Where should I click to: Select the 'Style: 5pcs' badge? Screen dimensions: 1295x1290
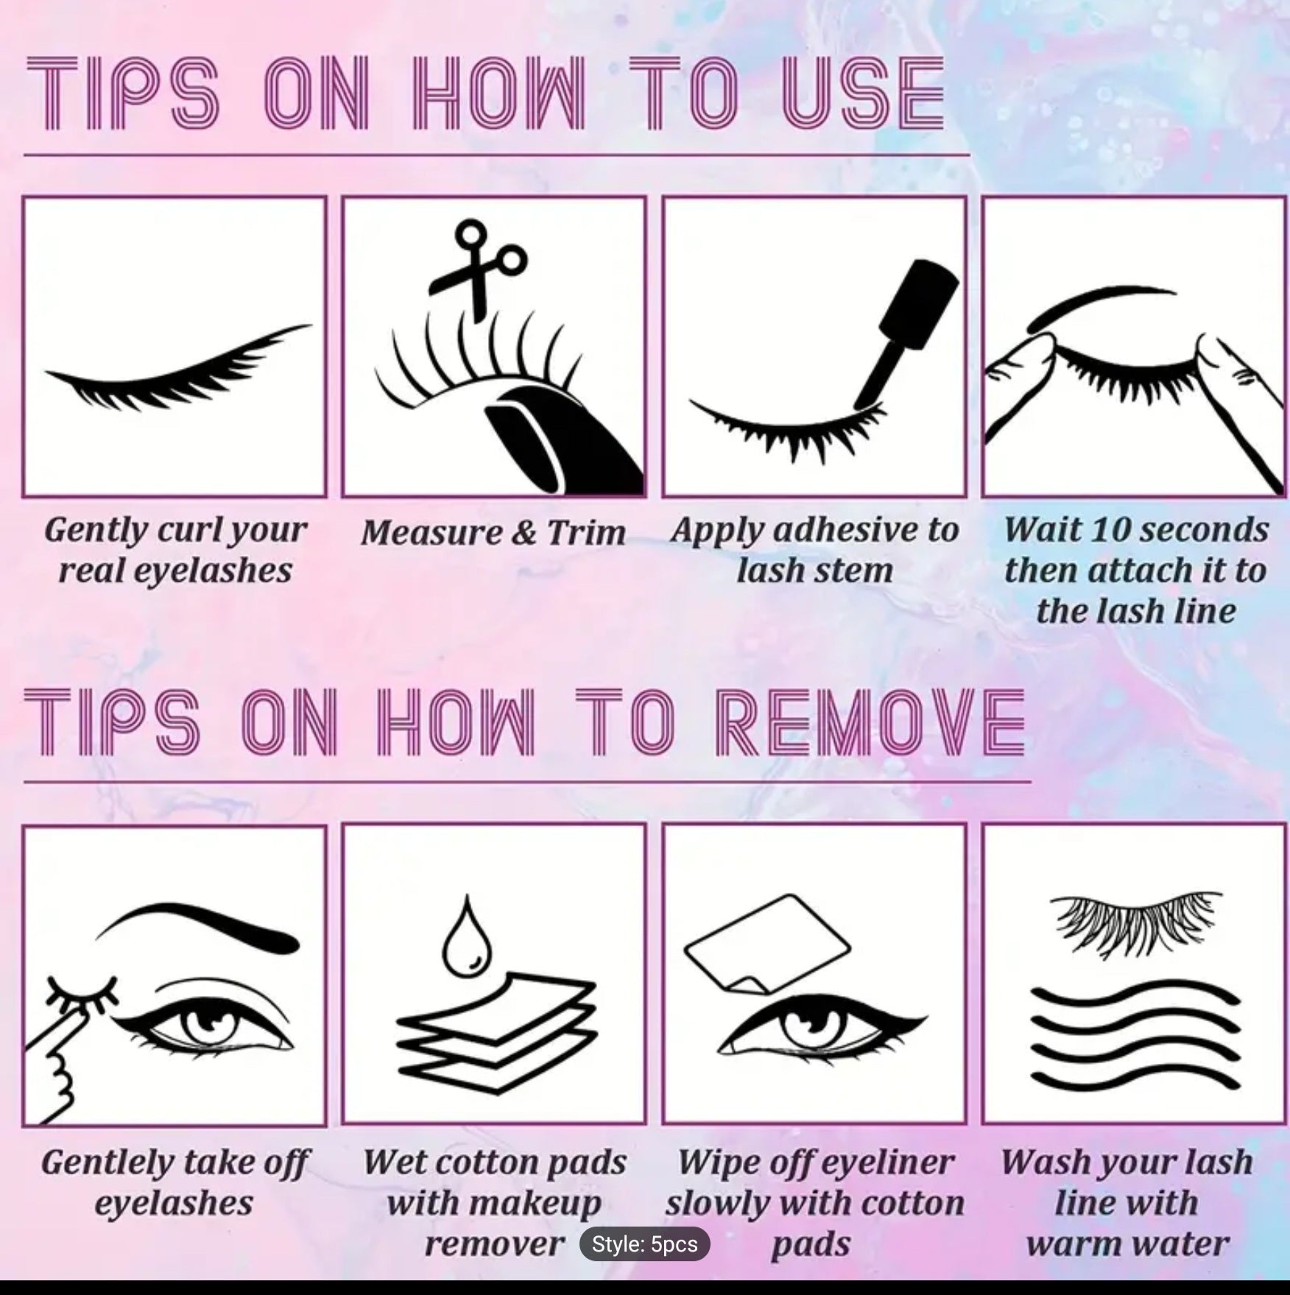[x=644, y=1243]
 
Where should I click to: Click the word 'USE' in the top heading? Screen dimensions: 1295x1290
[x=862, y=96]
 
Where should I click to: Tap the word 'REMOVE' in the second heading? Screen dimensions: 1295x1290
[x=869, y=722]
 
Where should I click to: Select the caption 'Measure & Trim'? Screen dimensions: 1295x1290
[x=493, y=532]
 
